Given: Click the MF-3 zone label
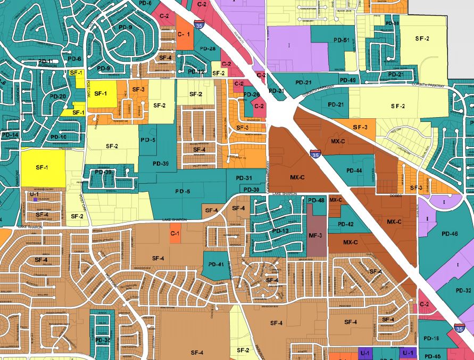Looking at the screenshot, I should point(316,235).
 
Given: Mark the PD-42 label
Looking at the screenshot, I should point(346,224).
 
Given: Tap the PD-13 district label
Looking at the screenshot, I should point(280,231).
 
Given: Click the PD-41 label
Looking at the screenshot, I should point(216,265).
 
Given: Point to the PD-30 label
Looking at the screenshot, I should point(251,190).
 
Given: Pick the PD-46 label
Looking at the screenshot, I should point(449,234).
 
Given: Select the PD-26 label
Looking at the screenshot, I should point(252,95).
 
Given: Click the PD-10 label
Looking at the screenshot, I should point(59,137).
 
